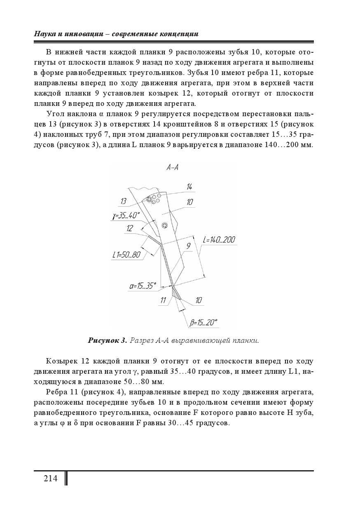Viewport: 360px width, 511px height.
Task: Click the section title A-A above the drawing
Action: [172, 167]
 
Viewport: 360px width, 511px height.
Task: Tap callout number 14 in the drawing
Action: [189, 187]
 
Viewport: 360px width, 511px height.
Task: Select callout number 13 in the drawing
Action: [123, 201]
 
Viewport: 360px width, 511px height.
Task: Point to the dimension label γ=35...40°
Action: [126, 215]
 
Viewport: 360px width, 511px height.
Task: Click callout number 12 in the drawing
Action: [130, 228]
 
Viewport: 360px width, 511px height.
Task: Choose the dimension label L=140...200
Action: [219, 240]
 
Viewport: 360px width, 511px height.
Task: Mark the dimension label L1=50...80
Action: [126, 255]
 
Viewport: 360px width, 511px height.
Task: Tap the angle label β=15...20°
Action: [203, 323]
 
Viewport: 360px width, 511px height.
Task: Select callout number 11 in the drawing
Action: [164, 300]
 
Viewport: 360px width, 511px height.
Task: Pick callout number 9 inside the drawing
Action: [188, 246]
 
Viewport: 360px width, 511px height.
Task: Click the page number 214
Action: [50, 478]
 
